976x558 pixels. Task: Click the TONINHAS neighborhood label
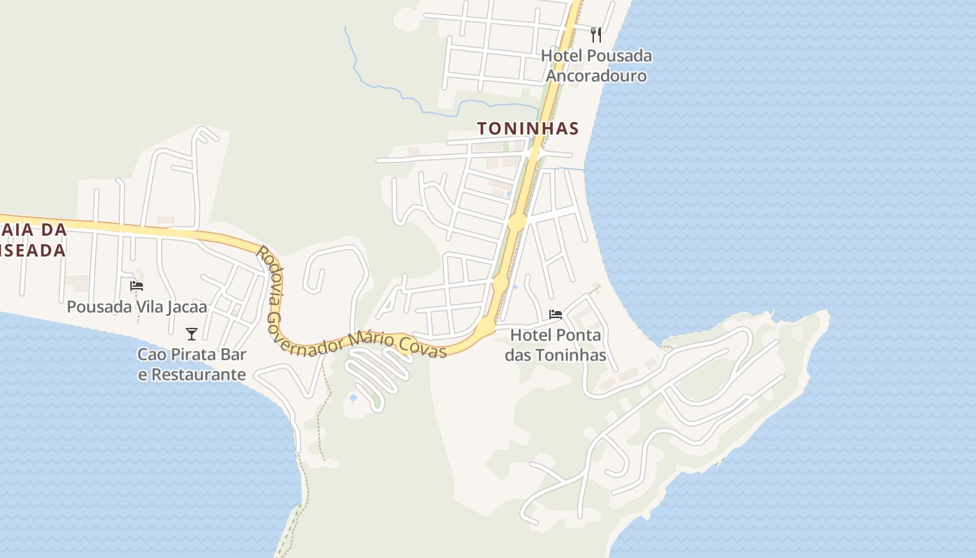click(528, 128)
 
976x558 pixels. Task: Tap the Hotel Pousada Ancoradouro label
click(596, 66)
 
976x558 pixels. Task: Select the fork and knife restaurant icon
click(596, 34)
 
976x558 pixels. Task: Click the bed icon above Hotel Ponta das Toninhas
click(556, 314)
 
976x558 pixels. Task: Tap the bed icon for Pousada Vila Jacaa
click(137, 285)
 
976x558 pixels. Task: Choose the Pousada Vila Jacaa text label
click(137, 307)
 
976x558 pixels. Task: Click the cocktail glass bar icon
click(192, 334)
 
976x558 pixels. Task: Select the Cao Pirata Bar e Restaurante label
click(192, 364)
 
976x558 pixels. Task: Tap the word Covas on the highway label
click(422, 347)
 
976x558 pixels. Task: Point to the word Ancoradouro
click(596, 76)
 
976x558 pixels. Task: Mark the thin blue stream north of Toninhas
click(390, 90)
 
